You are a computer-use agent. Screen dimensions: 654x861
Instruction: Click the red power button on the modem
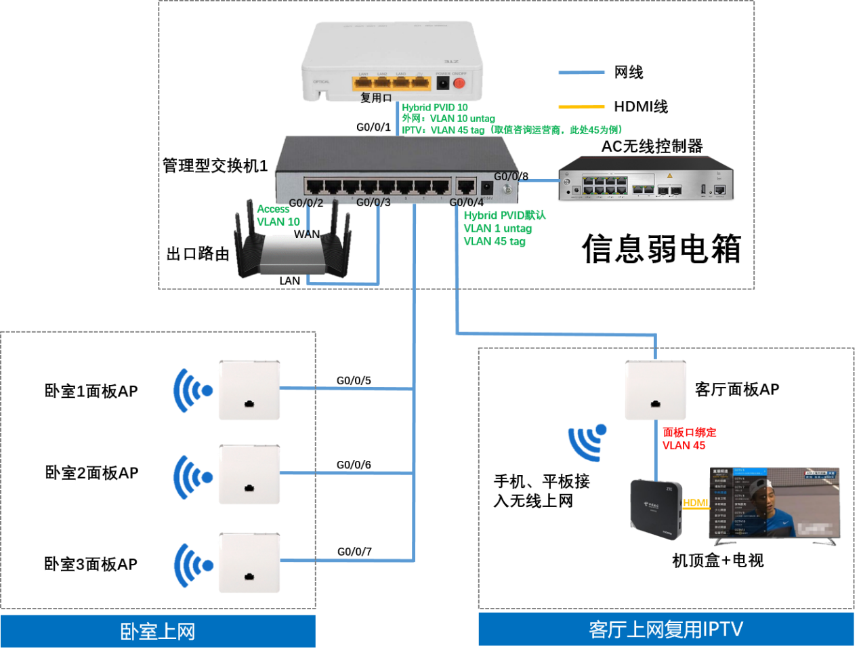click(459, 83)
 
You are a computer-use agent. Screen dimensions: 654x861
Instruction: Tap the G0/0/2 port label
click(306, 202)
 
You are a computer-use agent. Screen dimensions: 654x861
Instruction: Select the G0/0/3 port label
click(373, 202)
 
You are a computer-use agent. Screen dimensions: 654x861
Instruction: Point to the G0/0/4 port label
click(466, 202)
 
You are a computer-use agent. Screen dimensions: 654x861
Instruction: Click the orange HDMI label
click(696, 503)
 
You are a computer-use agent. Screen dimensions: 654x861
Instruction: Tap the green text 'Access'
click(273, 209)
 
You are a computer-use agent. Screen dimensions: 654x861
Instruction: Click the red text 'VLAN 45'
click(684, 445)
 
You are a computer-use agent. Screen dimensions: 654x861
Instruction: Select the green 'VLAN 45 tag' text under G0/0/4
click(495, 241)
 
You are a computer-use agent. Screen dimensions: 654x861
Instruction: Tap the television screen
click(775, 502)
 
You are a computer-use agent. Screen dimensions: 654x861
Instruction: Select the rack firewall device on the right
click(646, 178)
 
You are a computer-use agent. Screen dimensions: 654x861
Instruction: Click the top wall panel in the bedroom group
click(249, 390)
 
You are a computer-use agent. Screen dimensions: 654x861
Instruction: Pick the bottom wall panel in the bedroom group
click(249, 563)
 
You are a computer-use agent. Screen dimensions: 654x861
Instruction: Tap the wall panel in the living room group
click(655, 390)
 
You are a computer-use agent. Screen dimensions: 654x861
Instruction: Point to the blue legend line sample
click(581, 73)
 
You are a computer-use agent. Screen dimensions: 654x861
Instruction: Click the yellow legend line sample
click(581, 106)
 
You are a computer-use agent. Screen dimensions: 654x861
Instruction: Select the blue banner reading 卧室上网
click(158, 632)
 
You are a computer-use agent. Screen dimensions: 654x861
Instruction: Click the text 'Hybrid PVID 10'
click(434, 107)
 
